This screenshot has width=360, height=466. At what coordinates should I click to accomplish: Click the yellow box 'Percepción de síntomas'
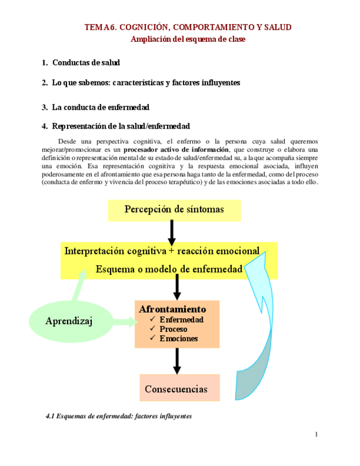(174, 209)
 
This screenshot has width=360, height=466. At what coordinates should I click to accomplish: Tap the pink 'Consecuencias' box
(176, 389)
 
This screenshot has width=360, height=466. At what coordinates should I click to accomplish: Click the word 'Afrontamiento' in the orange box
(173, 309)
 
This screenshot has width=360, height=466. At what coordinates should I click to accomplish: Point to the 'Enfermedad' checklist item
(181, 320)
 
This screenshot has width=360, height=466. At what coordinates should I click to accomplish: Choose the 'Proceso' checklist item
(173, 329)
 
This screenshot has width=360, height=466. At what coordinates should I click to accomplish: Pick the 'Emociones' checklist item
(179, 339)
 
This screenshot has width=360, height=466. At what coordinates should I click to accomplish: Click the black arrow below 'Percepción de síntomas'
(172, 232)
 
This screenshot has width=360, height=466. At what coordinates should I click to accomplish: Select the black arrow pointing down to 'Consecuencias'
(177, 361)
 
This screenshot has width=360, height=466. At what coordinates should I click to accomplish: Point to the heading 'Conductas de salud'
(86, 63)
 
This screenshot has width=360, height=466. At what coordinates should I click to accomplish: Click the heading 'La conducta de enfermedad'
(101, 107)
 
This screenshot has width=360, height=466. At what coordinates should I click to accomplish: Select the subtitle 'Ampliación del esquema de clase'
(187, 39)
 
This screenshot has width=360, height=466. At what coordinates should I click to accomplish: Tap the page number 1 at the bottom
(317, 435)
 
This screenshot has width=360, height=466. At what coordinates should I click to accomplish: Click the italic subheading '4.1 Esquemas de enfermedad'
(118, 416)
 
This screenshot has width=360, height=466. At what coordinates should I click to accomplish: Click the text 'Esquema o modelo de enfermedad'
(169, 269)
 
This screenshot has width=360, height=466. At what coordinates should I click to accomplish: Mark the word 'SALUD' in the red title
(278, 27)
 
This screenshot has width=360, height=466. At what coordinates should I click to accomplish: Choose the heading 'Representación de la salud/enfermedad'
(121, 126)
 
